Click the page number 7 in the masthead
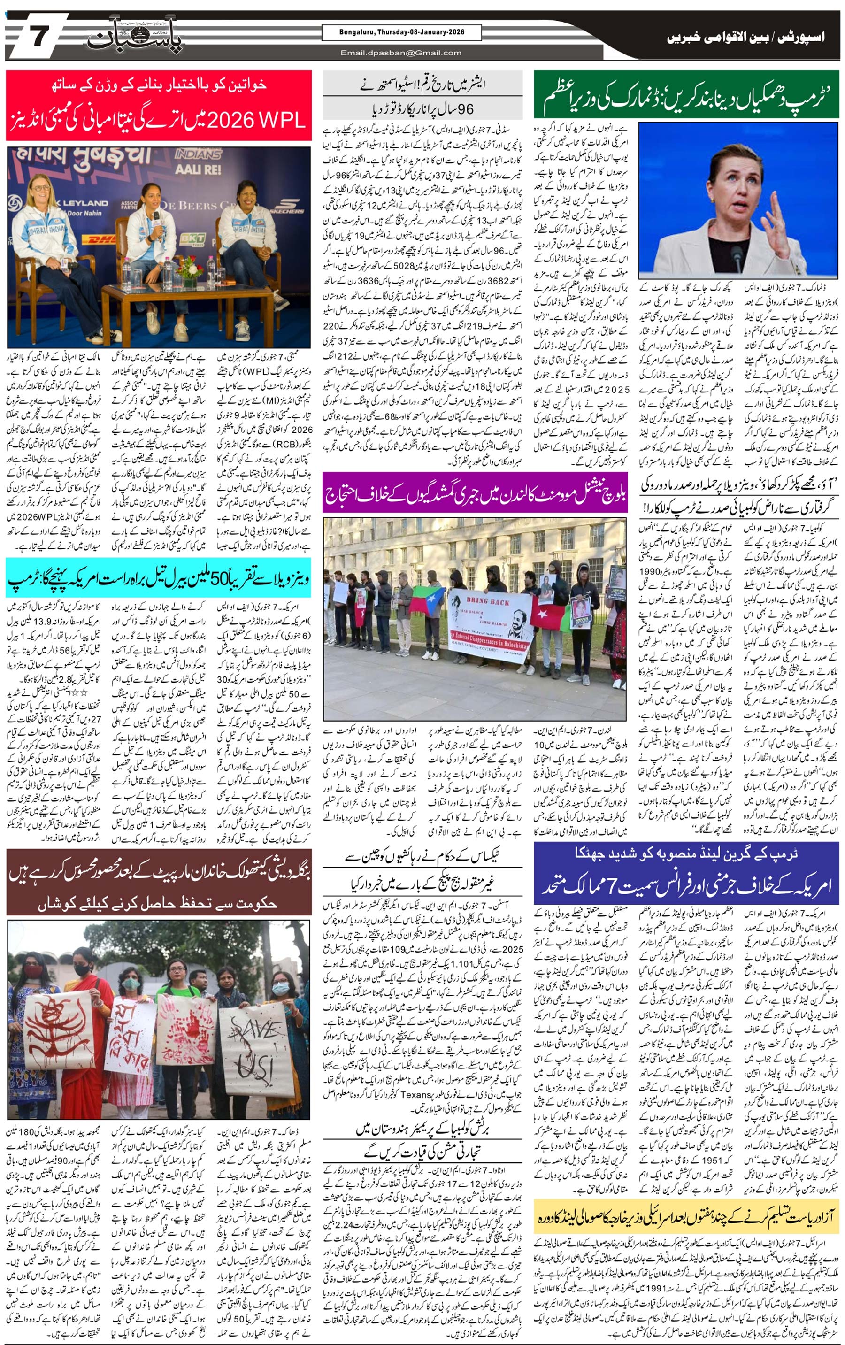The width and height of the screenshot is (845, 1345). point(38,38)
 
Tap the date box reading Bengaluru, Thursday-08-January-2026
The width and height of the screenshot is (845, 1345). point(401,32)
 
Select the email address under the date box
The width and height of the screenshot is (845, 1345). point(401,53)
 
